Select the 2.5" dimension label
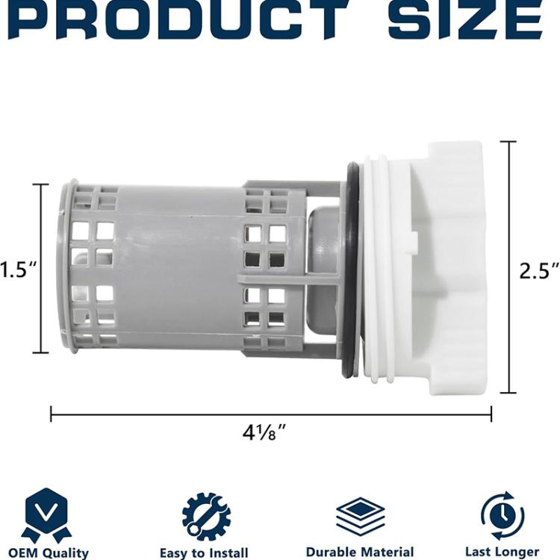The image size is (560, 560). [538, 270]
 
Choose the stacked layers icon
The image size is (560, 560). [360, 516]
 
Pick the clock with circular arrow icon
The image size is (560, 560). [502, 515]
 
